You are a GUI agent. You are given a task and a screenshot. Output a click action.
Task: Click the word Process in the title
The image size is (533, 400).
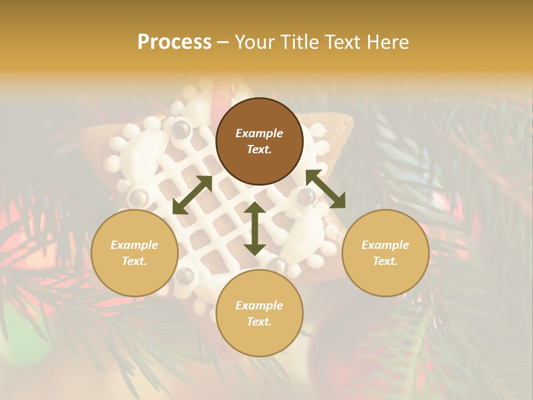tap(174, 42)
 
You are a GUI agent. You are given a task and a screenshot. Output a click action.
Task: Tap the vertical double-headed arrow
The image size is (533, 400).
tap(255, 228)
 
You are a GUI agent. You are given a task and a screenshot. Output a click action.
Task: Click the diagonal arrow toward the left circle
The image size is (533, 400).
tap(192, 194)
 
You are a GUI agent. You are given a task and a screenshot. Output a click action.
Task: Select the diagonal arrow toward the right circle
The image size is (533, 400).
tap(325, 189)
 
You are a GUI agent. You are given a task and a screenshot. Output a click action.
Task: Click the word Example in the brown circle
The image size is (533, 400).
tap(259, 133)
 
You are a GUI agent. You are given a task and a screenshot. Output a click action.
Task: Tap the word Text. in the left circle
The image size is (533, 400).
tap(134, 261)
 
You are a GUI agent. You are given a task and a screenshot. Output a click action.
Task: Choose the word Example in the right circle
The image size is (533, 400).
tap(385, 245)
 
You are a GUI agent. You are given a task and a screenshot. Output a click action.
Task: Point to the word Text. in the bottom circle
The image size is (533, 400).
tap(259, 322)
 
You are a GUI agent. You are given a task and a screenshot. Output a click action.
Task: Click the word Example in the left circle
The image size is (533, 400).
tap(134, 245)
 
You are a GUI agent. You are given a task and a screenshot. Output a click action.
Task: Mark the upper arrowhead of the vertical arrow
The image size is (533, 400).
tap(255, 208)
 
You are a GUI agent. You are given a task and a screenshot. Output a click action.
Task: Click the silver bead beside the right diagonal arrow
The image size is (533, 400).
tap(306, 196)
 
